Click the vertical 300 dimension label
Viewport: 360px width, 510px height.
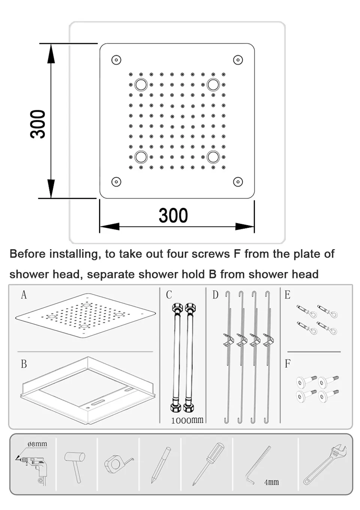point(38,124)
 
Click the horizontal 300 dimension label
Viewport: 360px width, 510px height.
point(173,215)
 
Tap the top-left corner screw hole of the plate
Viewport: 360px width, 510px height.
point(116,60)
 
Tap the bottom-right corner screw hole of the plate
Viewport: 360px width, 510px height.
point(238,182)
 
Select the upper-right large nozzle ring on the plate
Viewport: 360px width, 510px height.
point(213,84)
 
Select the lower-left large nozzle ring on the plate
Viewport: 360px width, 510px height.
point(141,157)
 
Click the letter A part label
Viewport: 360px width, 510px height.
point(24,295)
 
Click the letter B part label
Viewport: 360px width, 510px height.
point(24,364)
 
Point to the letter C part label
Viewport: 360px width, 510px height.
point(169,295)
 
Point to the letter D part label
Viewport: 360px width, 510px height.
point(215,295)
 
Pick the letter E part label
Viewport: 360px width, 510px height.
point(287,295)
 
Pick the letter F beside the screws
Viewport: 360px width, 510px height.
point(287,364)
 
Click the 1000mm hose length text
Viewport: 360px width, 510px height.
point(187,420)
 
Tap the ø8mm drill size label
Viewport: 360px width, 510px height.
point(37,444)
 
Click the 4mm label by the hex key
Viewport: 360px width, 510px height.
point(271,482)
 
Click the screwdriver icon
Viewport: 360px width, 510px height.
point(208,464)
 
